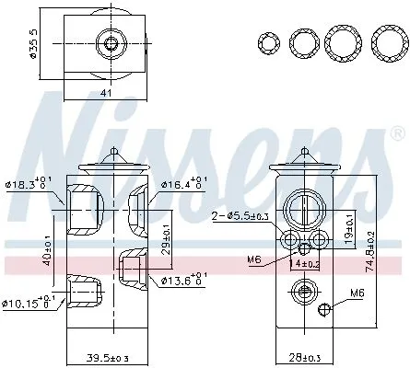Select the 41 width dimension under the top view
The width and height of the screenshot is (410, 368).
click(105, 91)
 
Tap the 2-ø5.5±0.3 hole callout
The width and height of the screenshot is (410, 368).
click(240, 215)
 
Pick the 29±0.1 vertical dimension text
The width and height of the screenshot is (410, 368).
click(165, 235)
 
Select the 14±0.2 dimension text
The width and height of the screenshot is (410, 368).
click(305, 264)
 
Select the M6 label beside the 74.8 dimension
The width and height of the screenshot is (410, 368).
click(356, 295)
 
